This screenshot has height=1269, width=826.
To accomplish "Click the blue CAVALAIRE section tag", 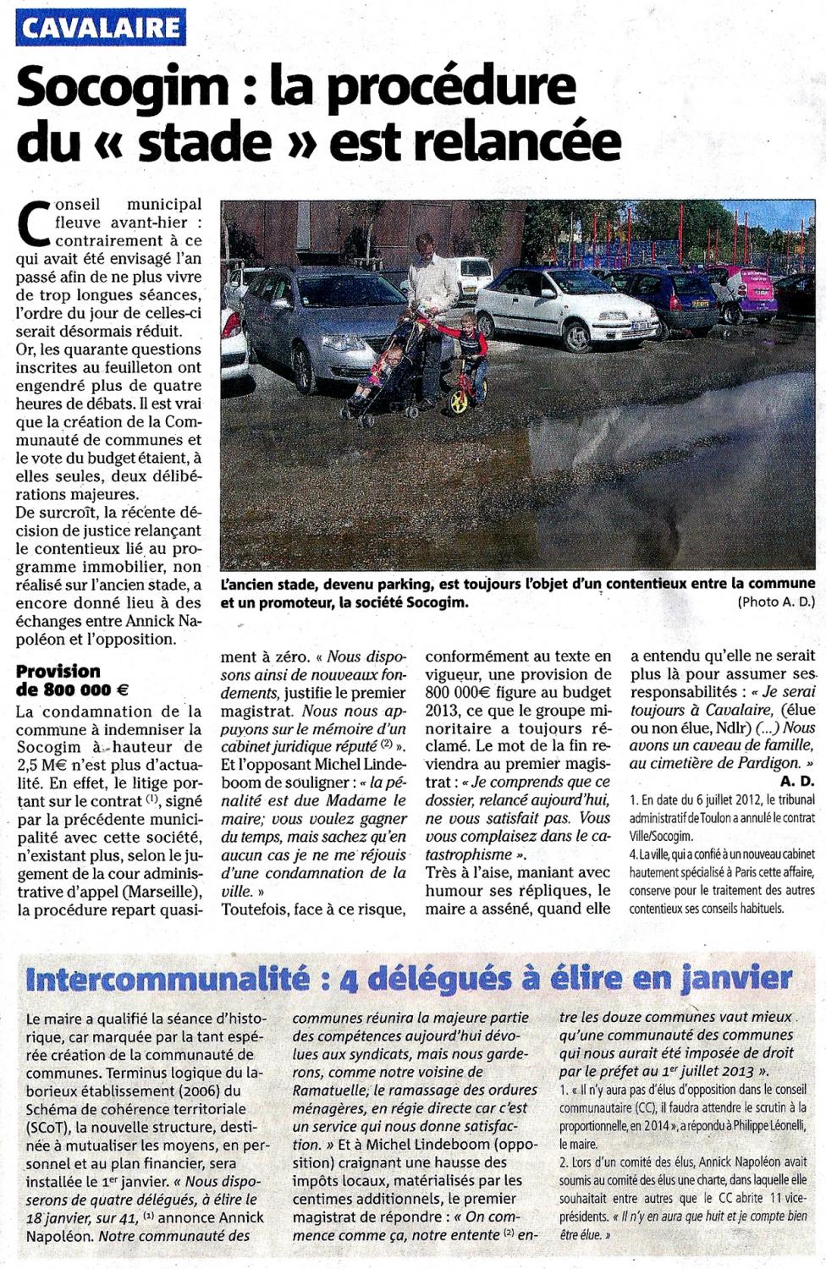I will point(101,28).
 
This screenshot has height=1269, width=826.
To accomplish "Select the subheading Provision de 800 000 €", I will point(72,680).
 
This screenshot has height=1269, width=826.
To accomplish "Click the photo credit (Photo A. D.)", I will point(776,602).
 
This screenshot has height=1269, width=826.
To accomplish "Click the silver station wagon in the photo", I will point(326,321).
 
